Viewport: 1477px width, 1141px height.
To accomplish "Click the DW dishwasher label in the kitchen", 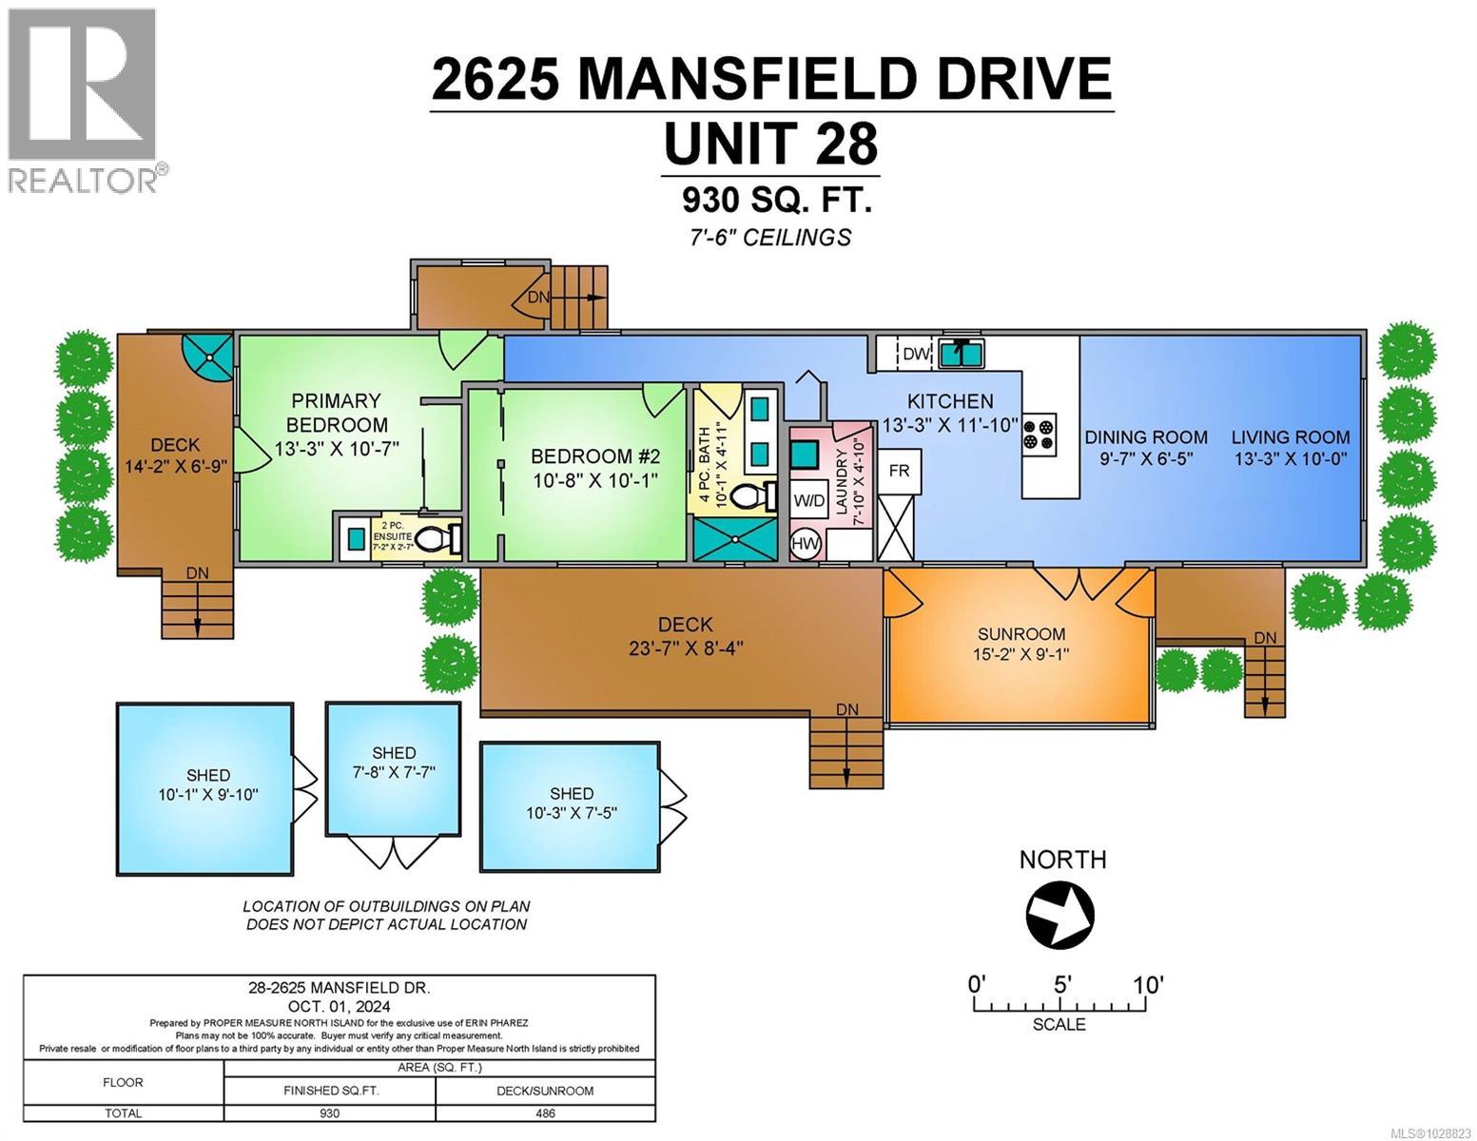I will (x=915, y=354).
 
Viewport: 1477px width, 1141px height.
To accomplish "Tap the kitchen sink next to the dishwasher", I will (x=962, y=354).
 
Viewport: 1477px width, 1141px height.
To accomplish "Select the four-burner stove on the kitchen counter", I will (x=1038, y=434).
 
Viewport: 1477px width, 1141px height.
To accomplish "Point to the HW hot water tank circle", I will (x=806, y=544).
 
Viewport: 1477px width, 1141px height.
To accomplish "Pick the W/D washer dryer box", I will (x=809, y=500).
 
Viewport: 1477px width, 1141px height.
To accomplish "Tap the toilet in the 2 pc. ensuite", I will (x=433, y=539).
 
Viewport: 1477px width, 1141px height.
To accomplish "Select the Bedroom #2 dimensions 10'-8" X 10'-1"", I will (x=594, y=480).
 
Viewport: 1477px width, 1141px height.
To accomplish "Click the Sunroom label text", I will (x=1021, y=633).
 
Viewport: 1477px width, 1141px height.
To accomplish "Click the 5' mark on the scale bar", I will (x=1062, y=985).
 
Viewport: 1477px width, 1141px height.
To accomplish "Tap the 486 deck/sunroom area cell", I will (x=545, y=1113).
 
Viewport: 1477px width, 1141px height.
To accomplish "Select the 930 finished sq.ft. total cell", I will (x=330, y=1113).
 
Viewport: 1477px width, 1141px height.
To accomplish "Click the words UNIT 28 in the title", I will (x=770, y=145).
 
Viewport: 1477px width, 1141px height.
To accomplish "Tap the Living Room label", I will (x=1290, y=437).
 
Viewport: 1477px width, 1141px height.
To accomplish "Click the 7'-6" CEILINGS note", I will (x=770, y=237).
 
